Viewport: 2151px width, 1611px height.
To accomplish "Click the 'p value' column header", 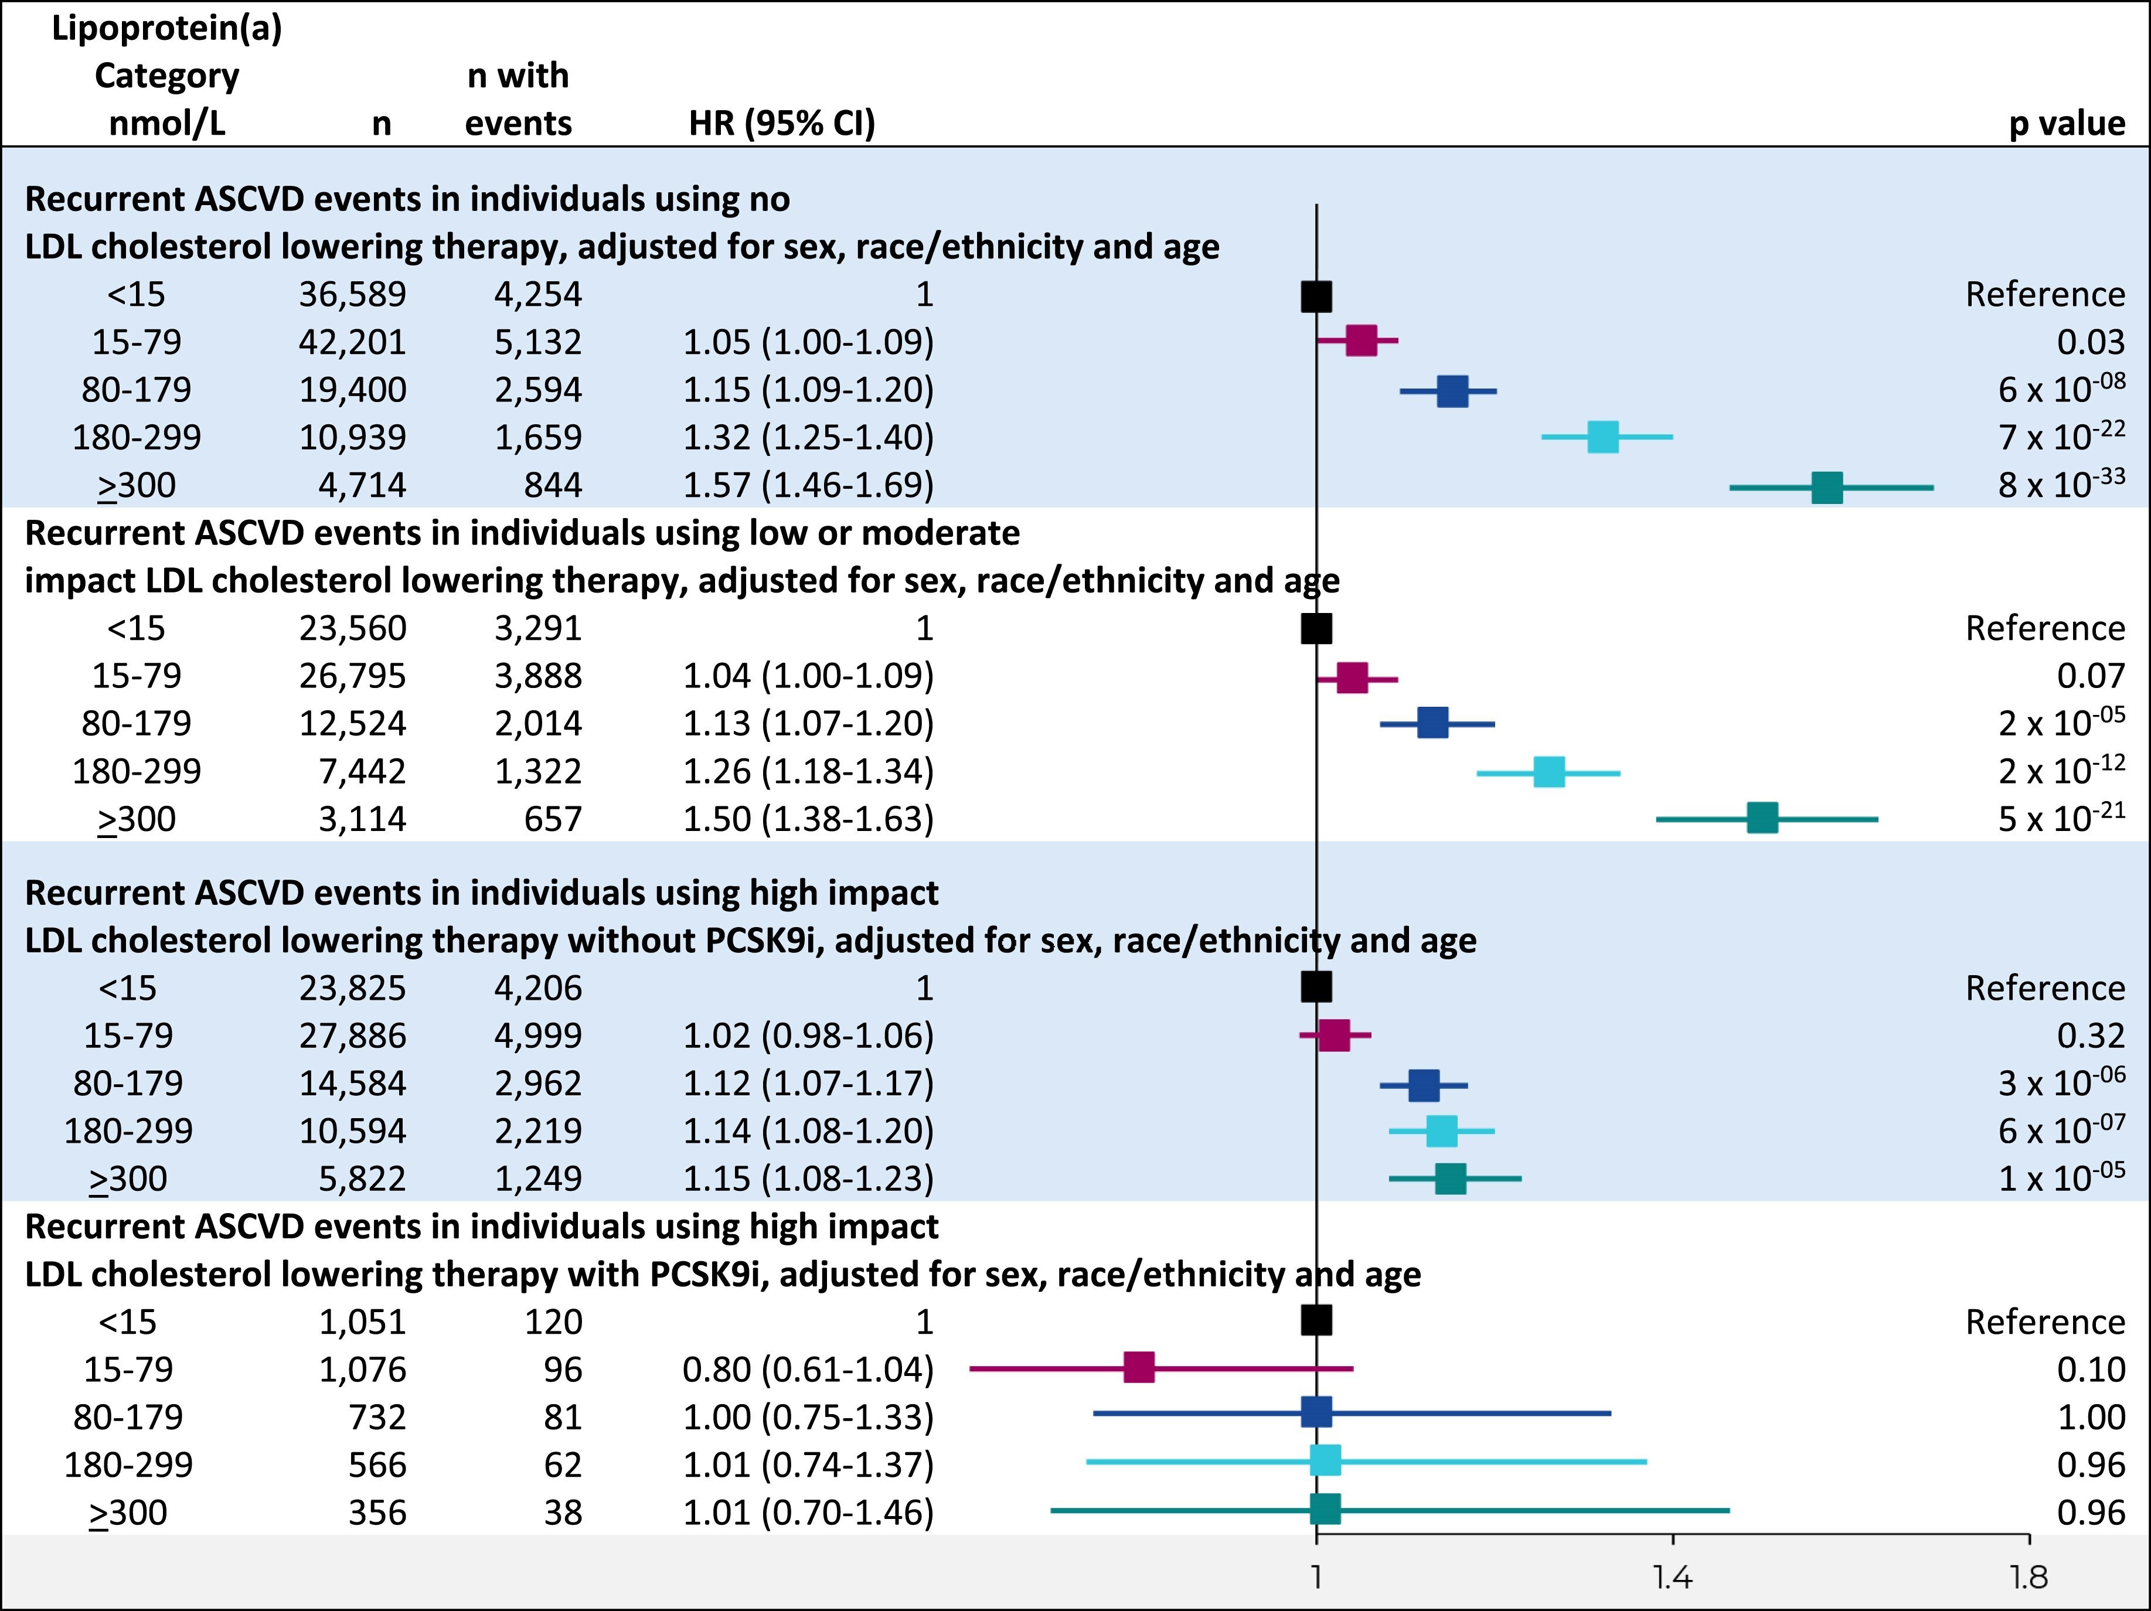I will pos(2067,124).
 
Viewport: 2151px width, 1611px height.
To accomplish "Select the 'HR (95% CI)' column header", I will pos(782,124).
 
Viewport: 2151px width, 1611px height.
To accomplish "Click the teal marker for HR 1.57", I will pos(1827,487).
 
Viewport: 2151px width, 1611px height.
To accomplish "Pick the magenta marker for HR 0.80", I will pos(1139,1367).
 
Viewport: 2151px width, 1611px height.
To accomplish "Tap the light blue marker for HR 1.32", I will pos(1602,438).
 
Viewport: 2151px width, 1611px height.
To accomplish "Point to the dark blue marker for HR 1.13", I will pos(1432,723).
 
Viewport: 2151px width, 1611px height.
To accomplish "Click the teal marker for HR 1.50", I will pos(1762,819).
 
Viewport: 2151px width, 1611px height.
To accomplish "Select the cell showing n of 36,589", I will pos(352,295).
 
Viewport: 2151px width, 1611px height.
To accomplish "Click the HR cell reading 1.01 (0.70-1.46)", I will pos(807,1513).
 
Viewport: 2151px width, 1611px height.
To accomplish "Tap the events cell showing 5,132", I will pos(538,342).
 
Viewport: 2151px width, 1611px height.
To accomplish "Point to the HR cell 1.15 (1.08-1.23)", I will pos(807,1179).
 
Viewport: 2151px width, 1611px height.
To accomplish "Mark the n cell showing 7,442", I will pos(362,772).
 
